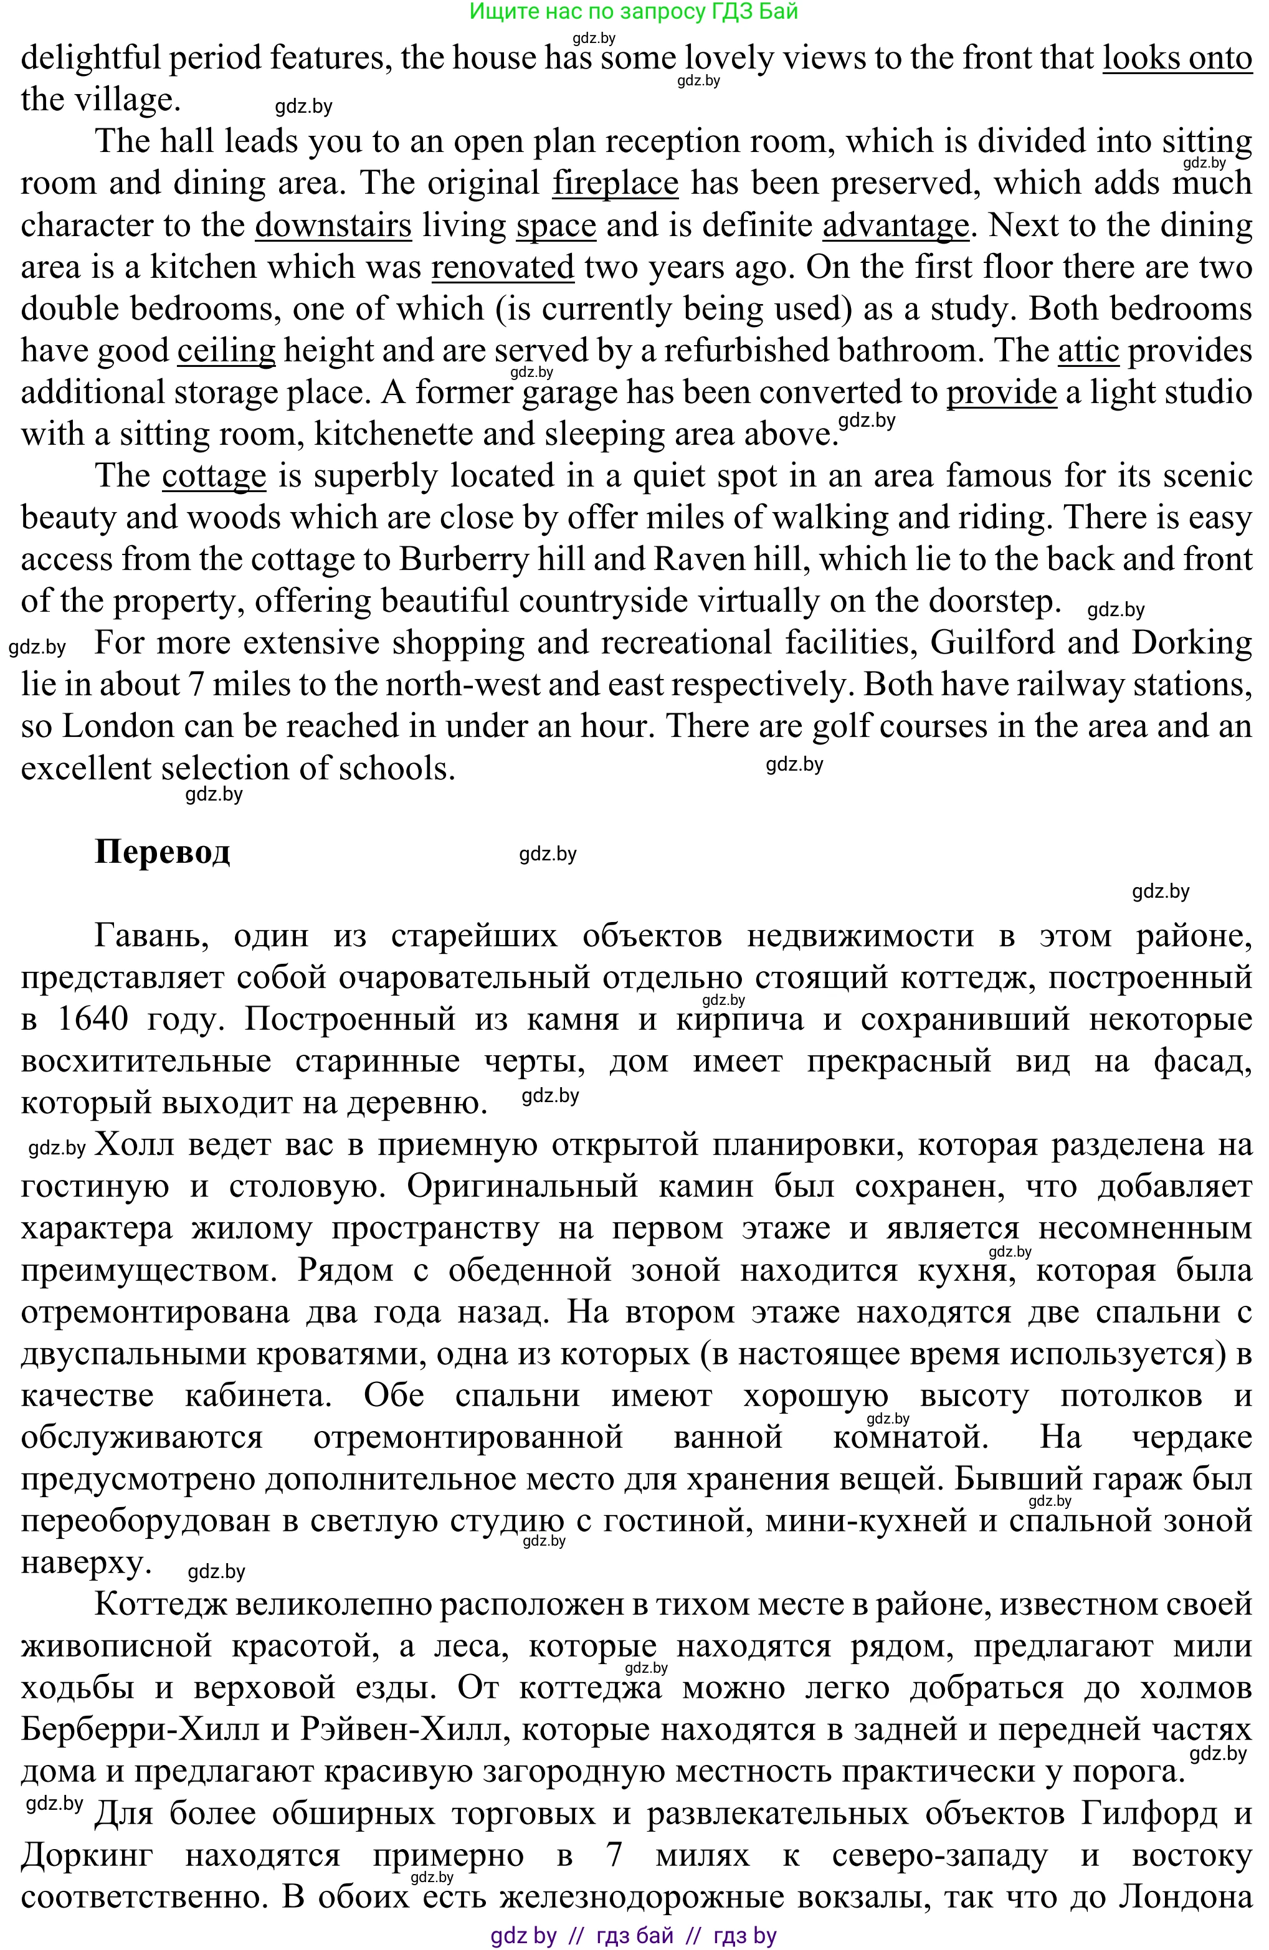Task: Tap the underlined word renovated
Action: pos(502,268)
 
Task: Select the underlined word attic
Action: pos(1088,351)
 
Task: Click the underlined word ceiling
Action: pos(226,351)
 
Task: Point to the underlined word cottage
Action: pos(214,477)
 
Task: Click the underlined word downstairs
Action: pos(333,226)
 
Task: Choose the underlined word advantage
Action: pos(895,226)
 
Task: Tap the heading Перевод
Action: pos(162,852)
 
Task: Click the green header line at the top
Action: pos(634,11)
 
